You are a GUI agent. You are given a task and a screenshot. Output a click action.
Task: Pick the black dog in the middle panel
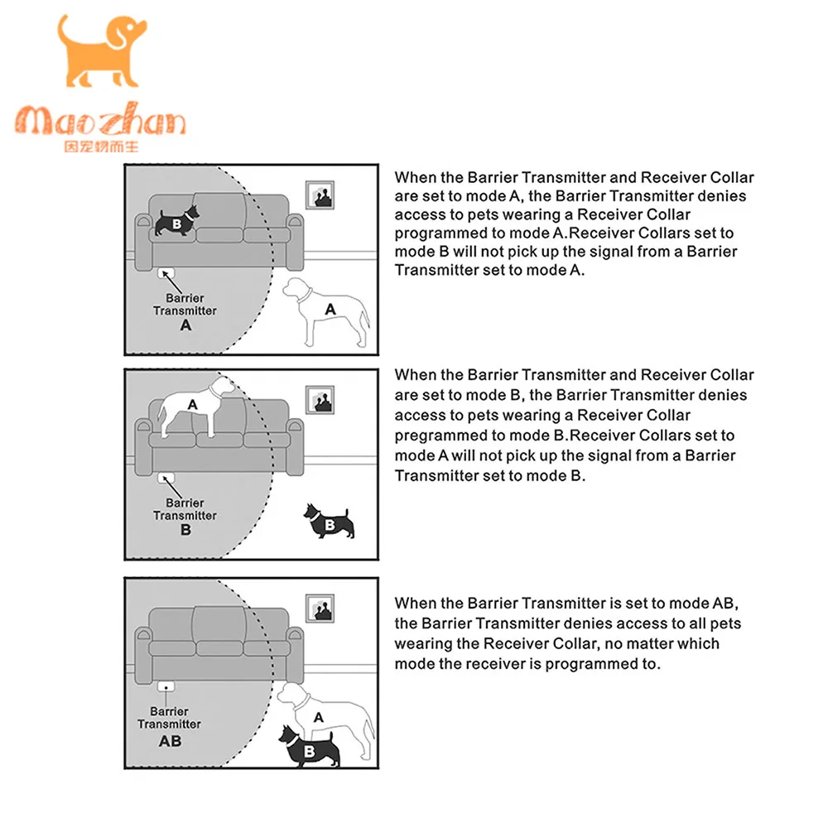tap(330, 521)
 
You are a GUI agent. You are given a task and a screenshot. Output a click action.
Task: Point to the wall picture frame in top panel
tap(320, 195)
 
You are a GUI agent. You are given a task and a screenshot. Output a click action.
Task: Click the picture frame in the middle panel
tap(320, 401)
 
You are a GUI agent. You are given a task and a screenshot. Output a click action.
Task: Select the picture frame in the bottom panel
tap(320, 608)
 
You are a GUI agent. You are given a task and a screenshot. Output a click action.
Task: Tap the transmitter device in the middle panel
tap(166, 477)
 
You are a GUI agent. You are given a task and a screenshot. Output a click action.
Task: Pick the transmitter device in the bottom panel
tap(166, 685)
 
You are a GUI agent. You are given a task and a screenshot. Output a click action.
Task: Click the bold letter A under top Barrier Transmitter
tap(185, 325)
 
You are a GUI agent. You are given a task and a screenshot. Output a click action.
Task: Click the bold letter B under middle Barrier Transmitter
tap(185, 530)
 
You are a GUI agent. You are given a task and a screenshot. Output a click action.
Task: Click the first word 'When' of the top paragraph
tap(416, 176)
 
